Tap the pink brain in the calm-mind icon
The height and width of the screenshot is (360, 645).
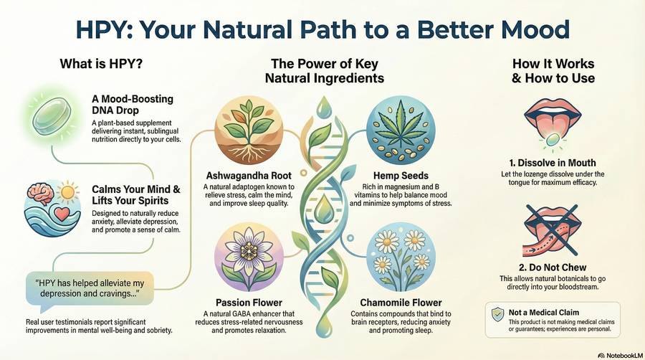(x=40, y=194)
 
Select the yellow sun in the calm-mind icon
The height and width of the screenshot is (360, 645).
(x=68, y=192)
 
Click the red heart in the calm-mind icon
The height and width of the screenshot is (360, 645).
(x=62, y=214)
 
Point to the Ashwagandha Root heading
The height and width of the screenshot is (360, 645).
(x=249, y=176)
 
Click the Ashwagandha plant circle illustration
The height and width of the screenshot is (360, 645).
(x=249, y=131)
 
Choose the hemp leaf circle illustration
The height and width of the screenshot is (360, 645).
(x=401, y=131)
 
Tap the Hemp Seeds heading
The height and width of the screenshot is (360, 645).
(x=401, y=176)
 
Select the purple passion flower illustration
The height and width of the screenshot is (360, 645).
(x=249, y=257)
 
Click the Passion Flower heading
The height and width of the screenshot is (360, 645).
(x=249, y=303)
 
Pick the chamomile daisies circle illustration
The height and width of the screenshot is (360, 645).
(x=401, y=257)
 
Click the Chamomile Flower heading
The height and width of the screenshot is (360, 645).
(x=401, y=303)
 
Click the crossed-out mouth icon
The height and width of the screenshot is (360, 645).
(x=553, y=230)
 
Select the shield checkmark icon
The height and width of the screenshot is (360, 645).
(x=498, y=315)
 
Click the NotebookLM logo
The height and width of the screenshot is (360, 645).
(x=621, y=355)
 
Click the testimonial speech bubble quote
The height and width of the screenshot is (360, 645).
(x=90, y=288)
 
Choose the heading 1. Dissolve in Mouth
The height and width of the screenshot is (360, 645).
(x=553, y=163)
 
